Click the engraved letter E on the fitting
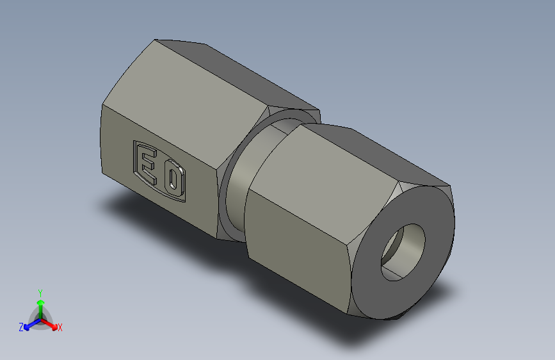coord(148,163)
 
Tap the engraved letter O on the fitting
coord(173,181)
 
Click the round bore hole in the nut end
coord(404,252)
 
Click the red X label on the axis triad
coord(60,328)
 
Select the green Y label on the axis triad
coord(40,291)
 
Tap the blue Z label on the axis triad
coord(20,327)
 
